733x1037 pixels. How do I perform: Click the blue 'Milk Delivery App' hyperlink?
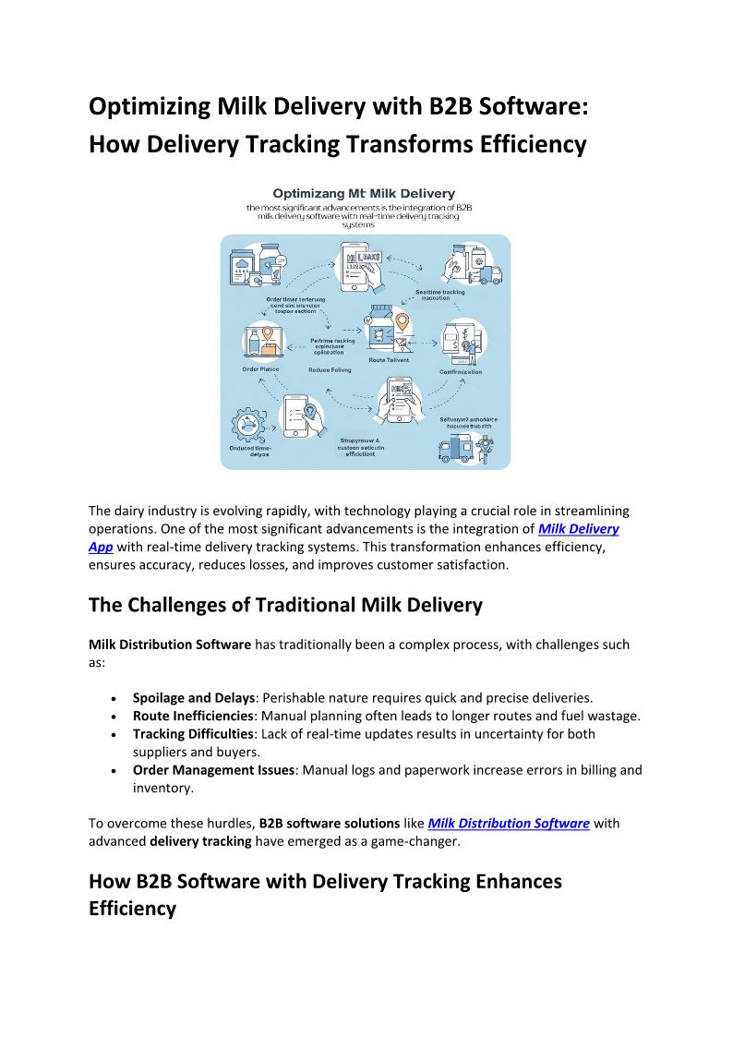578,529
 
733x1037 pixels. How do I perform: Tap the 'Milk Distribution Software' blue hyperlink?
509,823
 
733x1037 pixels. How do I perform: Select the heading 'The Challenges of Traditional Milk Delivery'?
285,606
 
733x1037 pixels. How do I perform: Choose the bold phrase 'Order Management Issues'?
213,770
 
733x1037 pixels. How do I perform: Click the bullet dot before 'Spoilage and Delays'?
113,699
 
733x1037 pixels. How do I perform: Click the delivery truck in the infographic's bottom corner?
455,449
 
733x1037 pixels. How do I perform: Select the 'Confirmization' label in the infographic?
461,372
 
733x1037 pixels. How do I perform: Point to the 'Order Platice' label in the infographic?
260,369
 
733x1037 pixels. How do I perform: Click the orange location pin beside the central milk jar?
402,322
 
